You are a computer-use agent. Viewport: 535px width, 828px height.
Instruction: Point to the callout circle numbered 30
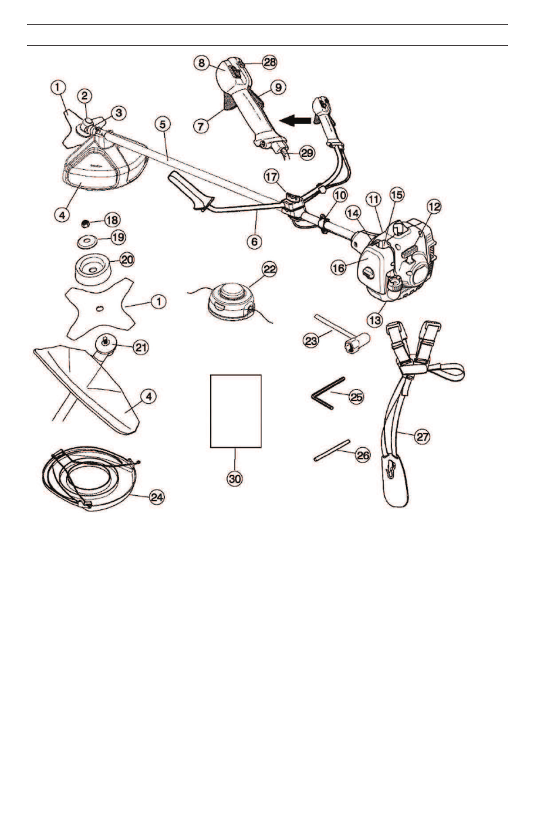[234, 478]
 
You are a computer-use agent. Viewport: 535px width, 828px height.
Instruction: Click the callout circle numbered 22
[270, 269]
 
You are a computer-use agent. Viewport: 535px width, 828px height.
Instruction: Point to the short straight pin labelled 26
[331, 451]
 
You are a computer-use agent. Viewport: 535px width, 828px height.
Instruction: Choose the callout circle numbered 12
[432, 204]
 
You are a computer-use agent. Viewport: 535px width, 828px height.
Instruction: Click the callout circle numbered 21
[140, 348]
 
